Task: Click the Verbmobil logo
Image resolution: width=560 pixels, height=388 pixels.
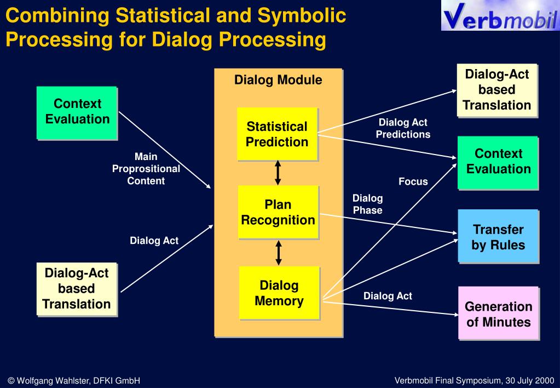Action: (500, 15)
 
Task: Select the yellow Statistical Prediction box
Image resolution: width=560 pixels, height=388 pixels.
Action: (277, 134)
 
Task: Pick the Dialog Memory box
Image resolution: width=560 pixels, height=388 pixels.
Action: (279, 293)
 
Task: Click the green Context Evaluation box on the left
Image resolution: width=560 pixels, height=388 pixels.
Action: (77, 113)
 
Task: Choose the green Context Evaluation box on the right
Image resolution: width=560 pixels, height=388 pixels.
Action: (498, 163)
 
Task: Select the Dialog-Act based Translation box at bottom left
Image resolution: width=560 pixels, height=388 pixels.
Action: (77, 289)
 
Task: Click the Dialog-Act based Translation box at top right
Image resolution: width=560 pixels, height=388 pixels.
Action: (497, 90)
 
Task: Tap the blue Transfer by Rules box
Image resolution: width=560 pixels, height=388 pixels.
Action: (498, 236)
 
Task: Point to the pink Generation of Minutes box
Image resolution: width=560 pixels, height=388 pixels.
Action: (499, 313)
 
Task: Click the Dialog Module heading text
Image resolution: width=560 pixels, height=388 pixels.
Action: (278, 80)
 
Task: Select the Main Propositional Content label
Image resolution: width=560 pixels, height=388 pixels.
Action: (146, 168)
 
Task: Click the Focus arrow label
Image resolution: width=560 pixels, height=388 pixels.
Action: (413, 181)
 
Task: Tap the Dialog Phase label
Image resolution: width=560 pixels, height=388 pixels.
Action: (367, 204)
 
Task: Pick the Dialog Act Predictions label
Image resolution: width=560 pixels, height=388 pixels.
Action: (403, 128)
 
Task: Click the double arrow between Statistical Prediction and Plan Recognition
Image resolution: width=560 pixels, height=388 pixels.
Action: (278, 173)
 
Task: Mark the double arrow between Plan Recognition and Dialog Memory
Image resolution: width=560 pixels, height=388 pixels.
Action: (279, 253)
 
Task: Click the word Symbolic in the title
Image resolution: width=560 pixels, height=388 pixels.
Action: (302, 15)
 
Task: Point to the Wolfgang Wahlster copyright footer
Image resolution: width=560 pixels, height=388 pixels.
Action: (74, 381)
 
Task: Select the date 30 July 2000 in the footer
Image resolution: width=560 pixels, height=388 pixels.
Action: (530, 380)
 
